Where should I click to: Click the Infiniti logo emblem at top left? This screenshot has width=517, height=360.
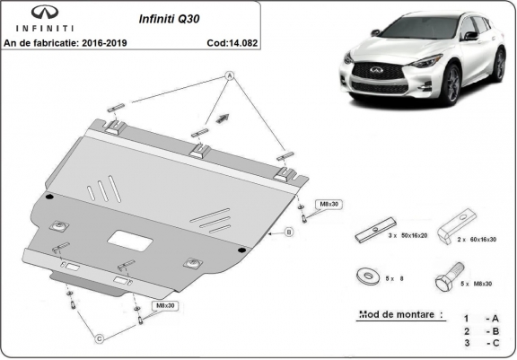point(28,13)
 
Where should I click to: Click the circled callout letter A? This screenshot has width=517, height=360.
point(229,77)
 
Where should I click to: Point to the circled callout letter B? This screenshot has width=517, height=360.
point(289,232)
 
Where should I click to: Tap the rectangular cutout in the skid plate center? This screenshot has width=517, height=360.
point(129,240)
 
